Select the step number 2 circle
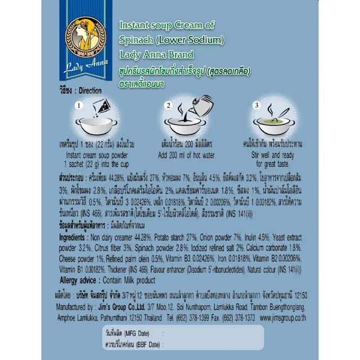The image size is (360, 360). tap(167, 105)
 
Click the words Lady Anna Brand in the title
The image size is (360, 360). tap(157, 55)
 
